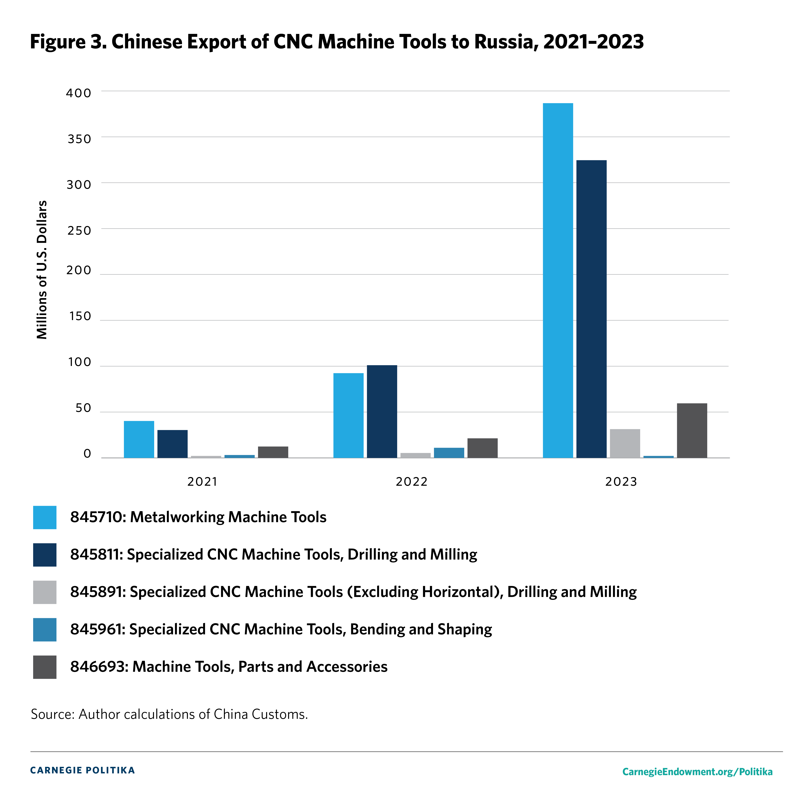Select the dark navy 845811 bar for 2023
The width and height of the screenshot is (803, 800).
point(591,309)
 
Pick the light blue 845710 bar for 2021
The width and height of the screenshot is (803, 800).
point(139,439)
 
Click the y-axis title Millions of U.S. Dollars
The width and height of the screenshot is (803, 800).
point(42,270)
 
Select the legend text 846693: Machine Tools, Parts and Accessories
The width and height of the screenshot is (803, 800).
point(229,667)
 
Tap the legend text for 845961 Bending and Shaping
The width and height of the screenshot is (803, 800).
point(281,629)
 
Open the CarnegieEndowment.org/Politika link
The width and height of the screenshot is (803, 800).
point(697,772)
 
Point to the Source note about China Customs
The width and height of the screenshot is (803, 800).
point(169,714)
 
